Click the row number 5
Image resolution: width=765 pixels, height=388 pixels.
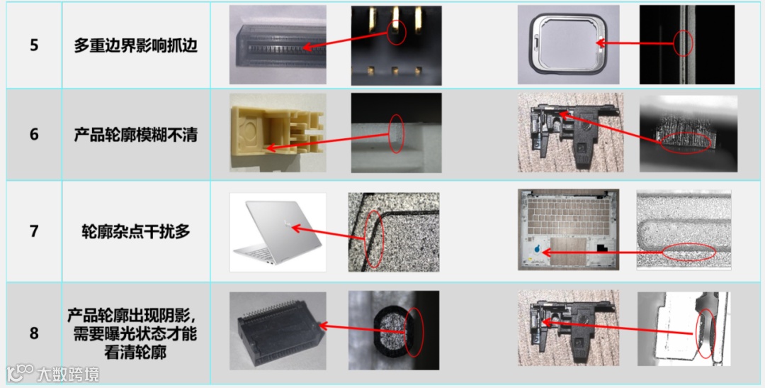(34, 45)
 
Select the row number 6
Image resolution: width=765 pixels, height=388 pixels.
(34, 134)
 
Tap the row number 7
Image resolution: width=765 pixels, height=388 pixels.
(34, 231)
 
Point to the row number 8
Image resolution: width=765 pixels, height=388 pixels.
(34, 333)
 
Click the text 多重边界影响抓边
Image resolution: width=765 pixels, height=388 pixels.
(135, 45)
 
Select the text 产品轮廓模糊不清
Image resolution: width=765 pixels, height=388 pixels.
(135, 134)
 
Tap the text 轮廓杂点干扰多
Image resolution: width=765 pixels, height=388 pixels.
(135, 231)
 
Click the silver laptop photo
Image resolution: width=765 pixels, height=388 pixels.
(278, 232)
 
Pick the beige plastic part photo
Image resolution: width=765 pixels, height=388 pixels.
(278, 133)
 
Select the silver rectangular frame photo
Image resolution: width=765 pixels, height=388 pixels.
(568, 45)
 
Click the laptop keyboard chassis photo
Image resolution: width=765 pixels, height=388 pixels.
(568, 230)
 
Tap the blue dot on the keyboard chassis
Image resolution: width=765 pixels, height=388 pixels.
(537, 249)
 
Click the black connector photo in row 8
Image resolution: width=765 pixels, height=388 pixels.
(278, 331)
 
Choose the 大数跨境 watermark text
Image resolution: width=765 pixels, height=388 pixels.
(67, 375)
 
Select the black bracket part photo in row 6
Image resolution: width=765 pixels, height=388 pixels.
(570, 133)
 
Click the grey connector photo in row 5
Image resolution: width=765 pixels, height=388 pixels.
(278, 45)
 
